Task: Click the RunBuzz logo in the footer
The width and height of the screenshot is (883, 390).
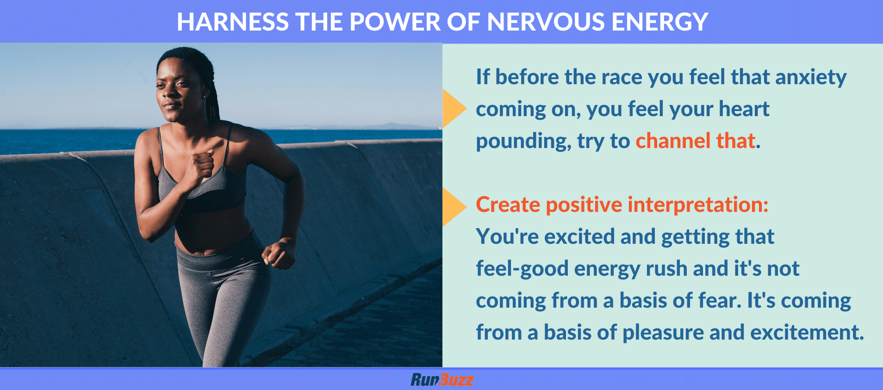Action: pyautogui.click(x=442, y=380)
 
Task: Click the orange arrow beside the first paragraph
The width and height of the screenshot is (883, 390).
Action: pyautogui.click(x=453, y=109)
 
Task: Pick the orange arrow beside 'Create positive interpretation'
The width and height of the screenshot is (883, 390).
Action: pyautogui.click(x=453, y=207)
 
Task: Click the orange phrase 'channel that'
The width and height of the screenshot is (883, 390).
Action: pyautogui.click(x=695, y=141)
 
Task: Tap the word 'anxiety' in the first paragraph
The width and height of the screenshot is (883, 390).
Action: pyautogui.click(x=811, y=77)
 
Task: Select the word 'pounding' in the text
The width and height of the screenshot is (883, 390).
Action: pyautogui.click(x=523, y=141)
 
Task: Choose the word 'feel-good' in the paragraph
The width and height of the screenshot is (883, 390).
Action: pyautogui.click(x=522, y=269)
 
